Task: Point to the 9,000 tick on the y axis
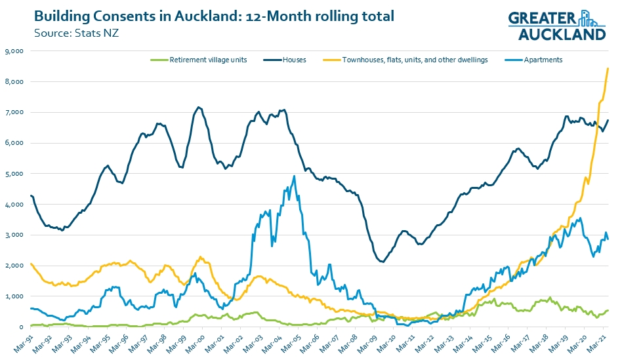pyautogui.click(x=14, y=51)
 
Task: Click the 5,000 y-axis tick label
pyautogui.click(x=14, y=174)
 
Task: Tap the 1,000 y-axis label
pyautogui.click(x=14, y=296)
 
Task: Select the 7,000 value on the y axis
pyautogui.click(x=14, y=113)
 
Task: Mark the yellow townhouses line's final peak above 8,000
pyautogui.click(x=608, y=68)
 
